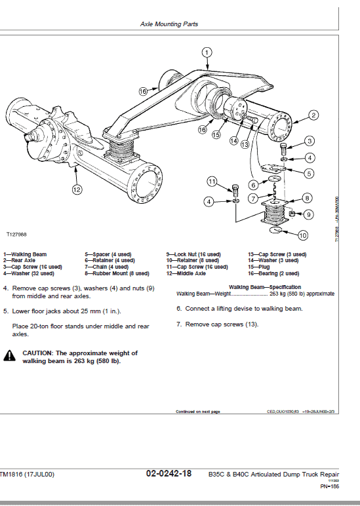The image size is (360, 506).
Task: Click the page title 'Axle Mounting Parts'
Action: click(169, 24)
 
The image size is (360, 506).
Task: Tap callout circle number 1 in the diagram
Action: click(207, 52)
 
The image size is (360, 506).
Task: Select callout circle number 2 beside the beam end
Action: click(313, 115)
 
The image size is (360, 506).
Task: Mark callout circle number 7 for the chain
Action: click(253, 198)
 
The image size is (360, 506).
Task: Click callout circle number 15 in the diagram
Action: click(216, 135)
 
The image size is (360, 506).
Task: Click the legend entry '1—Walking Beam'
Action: click(25, 254)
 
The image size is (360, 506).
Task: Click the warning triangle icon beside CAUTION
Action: click(10, 356)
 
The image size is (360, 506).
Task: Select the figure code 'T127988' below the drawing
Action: click(16, 234)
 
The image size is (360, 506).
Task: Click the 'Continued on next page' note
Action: click(197, 412)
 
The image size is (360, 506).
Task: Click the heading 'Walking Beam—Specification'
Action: click(264, 287)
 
